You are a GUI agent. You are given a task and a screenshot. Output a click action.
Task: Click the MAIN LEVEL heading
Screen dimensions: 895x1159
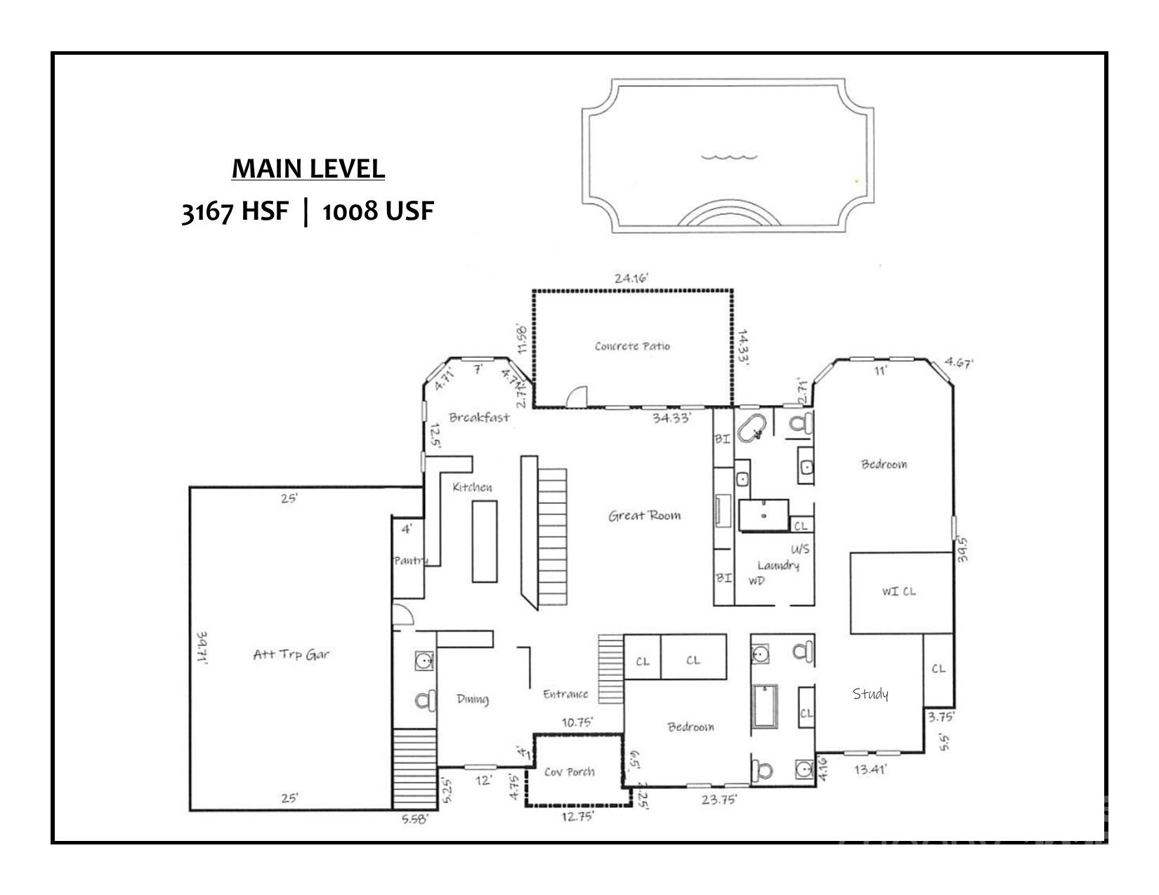click(308, 169)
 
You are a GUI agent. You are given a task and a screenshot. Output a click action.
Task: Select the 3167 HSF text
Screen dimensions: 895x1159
click(235, 211)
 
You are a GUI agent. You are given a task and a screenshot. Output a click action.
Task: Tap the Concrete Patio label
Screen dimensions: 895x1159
click(632, 346)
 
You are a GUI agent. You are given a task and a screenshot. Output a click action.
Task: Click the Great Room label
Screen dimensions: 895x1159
click(644, 516)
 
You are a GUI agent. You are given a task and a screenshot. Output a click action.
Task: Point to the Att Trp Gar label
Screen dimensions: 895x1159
click(291, 655)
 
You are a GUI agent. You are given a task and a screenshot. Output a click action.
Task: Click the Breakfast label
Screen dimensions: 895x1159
click(479, 418)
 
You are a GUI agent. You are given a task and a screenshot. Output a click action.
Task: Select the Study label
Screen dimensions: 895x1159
click(870, 694)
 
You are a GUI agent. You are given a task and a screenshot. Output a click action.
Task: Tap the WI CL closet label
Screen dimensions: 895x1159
click(899, 592)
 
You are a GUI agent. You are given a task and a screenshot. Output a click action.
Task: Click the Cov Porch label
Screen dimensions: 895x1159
click(570, 772)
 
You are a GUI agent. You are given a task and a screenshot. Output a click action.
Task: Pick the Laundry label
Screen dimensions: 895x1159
click(778, 566)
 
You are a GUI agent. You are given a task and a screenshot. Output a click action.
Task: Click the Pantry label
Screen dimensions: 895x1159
click(410, 560)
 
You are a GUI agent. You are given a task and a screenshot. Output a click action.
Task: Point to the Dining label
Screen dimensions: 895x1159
click(472, 699)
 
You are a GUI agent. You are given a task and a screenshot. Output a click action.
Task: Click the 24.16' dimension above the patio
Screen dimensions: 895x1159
click(631, 279)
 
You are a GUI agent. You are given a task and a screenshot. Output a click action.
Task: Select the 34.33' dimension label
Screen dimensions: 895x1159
click(672, 418)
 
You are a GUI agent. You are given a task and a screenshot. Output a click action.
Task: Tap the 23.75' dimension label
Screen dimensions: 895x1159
click(719, 799)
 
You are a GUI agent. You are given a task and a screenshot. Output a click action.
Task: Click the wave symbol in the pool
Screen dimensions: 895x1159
click(730, 157)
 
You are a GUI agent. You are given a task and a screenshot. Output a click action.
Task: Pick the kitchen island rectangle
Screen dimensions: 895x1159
click(485, 541)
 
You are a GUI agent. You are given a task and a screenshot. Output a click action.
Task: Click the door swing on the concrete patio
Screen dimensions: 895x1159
click(576, 397)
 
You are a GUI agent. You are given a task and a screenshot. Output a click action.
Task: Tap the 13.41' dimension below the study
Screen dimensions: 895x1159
click(870, 769)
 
